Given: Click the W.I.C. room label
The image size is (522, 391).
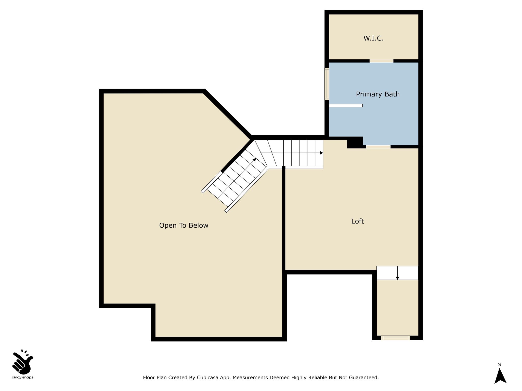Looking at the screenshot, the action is pyautogui.click(x=373, y=38).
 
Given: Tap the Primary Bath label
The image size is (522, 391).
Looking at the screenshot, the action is pyautogui.click(x=378, y=94).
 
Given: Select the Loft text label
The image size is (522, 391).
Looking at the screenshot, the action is pyautogui.click(x=357, y=221).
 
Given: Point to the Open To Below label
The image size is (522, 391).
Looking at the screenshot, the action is pyautogui.click(x=184, y=225).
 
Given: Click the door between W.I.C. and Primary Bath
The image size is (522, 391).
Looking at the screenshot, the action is pyautogui.click(x=381, y=61).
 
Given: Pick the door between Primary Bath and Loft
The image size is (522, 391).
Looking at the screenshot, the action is pyautogui.click(x=378, y=147).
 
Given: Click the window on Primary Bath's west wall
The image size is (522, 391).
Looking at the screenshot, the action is pyautogui.click(x=327, y=84).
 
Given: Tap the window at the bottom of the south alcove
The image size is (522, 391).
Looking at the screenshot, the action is pyautogui.click(x=396, y=338).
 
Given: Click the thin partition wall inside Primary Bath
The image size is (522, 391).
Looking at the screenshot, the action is pyautogui.click(x=346, y=105).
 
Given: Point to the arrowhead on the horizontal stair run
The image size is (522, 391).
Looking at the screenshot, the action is pyautogui.click(x=321, y=153).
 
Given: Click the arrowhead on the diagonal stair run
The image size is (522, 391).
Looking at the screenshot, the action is pyautogui.click(x=254, y=160).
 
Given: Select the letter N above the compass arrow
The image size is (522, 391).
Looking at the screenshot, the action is pyautogui.click(x=499, y=365).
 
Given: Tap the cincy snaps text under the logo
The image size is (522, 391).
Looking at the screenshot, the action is pyautogui.click(x=23, y=378).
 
